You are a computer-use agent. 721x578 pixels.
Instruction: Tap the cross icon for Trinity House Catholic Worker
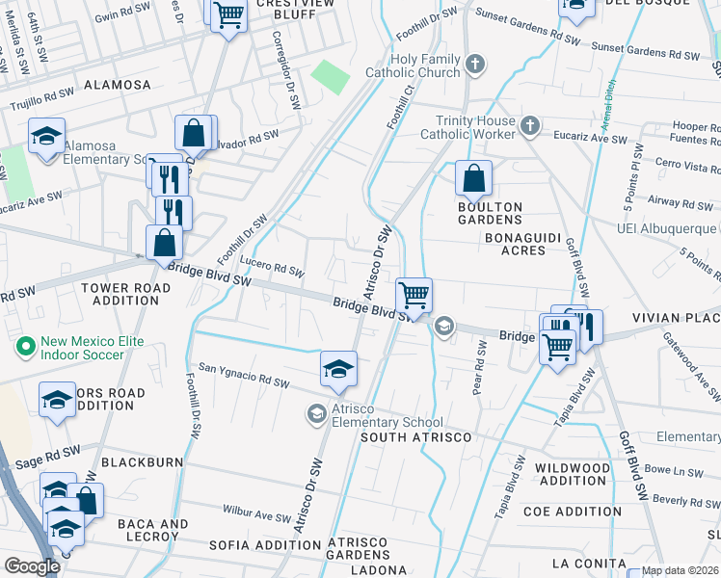(x=529, y=125)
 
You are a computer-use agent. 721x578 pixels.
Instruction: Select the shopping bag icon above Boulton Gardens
(x=473, y=178)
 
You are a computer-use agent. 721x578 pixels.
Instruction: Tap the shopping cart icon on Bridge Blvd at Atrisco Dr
(x=414, y=295)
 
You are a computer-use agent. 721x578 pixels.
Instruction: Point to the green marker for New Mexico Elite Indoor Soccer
(x=25, y=343)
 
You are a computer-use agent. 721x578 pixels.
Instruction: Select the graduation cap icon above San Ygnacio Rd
(x=338, y=370)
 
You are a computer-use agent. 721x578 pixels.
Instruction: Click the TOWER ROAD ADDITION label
(x=126, y=294)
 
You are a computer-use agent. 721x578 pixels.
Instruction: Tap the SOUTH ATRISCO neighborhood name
(x=415, y=438)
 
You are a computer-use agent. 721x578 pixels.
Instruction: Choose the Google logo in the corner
(x=32, y=566)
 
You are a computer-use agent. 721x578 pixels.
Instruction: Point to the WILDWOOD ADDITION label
(x=573, y=474)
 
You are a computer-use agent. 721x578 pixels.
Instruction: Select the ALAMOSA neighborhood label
(x=118, y=85)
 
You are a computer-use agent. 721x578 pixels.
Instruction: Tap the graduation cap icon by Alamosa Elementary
(x=45, y=137)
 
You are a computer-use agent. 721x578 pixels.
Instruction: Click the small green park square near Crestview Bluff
(x=331, y=76)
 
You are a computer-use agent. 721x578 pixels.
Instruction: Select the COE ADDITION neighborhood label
(x=572, y=512)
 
